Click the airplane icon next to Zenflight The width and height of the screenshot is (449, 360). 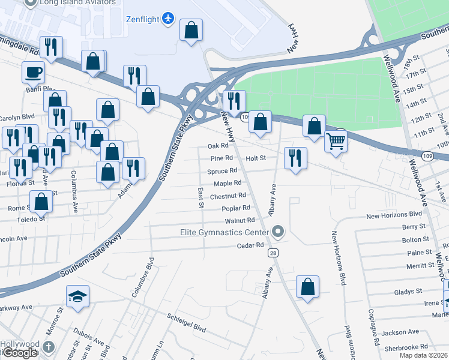pyautogui.click(x=168, y=19)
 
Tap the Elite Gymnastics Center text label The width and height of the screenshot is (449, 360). pyautogui.click(x=224, y=232)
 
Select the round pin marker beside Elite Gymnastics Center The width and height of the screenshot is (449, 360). pyautogui.click(x=277, y=231)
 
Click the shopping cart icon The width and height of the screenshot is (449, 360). pyautogui.click(x=336, y=142)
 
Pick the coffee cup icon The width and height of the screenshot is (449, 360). pyautogui.click(x=34, y=72)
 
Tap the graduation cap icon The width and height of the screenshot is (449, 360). pyautogui.click(x=78, y=296)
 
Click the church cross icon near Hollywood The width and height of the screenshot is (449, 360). pyautogui.click(x=49, y=347)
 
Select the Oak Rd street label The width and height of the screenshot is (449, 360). pyautogui.click(x=218, y=146)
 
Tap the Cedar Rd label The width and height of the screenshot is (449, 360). pyautogui.click(x=250, y=245)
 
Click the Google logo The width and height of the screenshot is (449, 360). pyautogui.click(x=20, y=353)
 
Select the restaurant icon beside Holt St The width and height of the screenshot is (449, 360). pyautogui.click(x=295, y=158)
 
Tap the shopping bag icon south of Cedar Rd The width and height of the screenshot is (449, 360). pyautogui.click(x=308, y=286)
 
